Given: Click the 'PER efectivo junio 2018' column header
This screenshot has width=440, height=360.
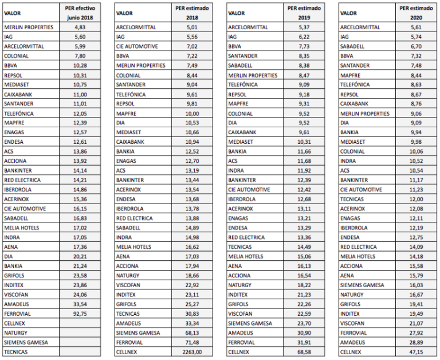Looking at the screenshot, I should coord(80,12).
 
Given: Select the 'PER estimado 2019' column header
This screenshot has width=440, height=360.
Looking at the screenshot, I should coord(304,12).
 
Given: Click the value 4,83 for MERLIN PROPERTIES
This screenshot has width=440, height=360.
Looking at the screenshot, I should coord(80,27).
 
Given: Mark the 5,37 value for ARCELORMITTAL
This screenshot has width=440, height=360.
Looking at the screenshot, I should coord(304,27).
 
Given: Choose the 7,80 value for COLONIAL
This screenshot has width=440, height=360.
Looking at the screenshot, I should coord(80,56).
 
